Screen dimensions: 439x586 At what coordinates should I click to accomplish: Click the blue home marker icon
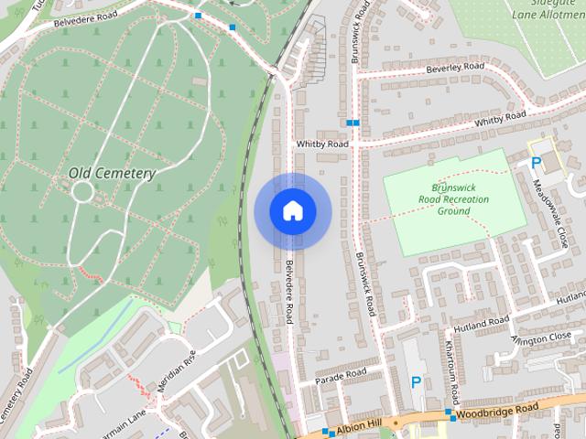click(292, 211)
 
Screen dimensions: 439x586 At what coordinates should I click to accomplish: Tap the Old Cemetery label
click(112, 173)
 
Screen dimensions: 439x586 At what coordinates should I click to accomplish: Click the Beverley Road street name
click(454, 68)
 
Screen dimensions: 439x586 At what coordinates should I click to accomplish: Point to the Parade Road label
click(341, 375)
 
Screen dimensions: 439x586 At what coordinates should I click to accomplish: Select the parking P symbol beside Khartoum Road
click(417, 381)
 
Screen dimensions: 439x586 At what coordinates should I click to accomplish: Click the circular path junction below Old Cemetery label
click(82, 192)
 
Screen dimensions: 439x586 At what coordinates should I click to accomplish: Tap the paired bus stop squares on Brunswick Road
click(353, 123)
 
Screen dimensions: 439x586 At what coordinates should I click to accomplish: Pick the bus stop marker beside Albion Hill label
click(328, 432)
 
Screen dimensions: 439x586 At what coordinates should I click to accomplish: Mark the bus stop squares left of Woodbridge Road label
click(450, 414)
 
